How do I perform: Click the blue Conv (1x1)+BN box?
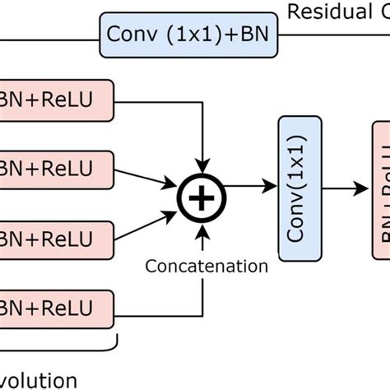(191, 35)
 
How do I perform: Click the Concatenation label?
(207, 243)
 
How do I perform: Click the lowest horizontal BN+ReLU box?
(55, 308)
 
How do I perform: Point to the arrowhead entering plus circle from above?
(201, 152)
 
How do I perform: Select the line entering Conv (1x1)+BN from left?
(49, 35)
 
